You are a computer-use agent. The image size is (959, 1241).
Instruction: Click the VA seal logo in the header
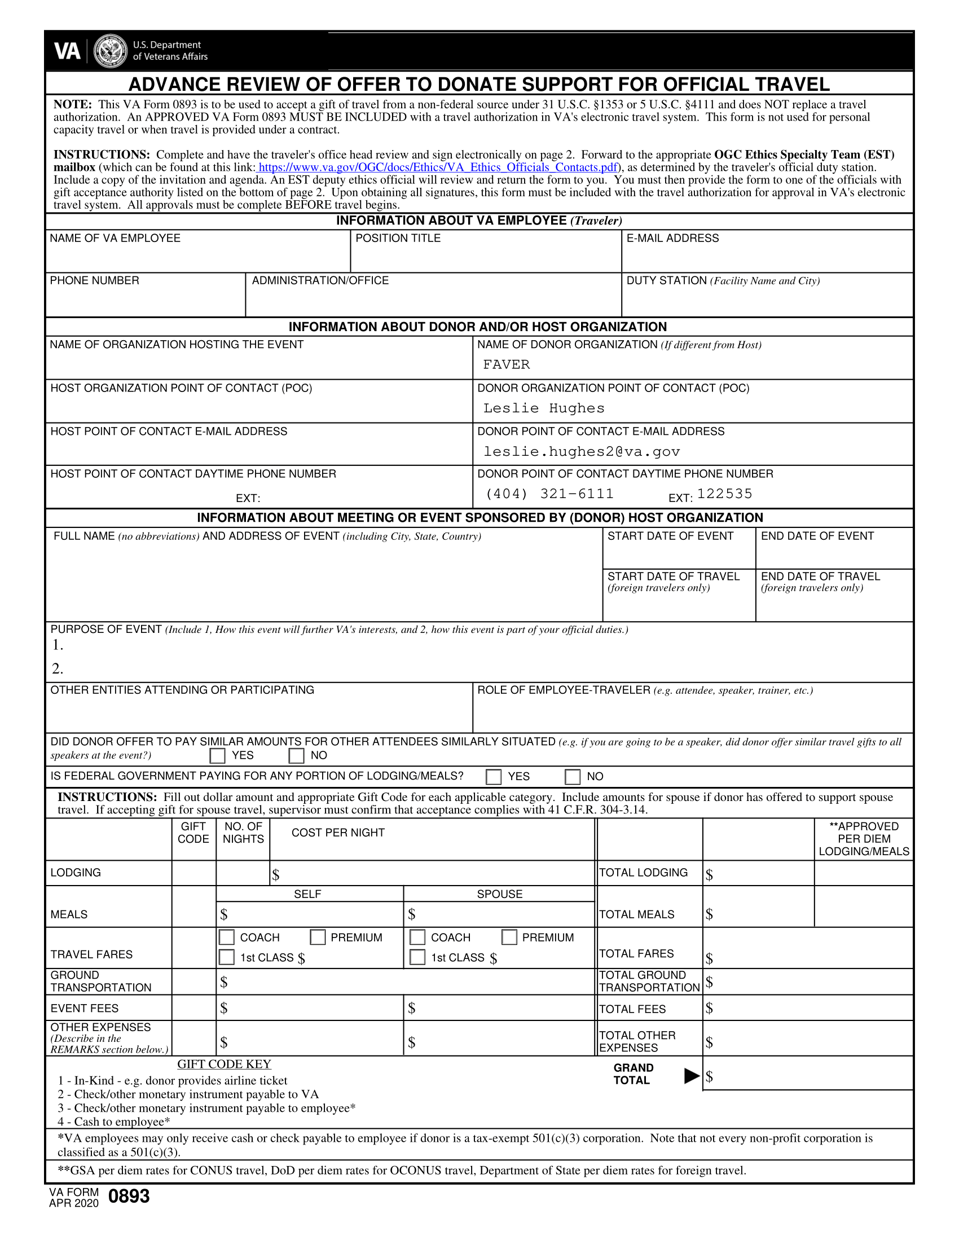pyautogui.click(x=110, y=51)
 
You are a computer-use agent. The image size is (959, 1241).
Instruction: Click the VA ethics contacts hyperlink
pyautogui.click(x=437, y=168)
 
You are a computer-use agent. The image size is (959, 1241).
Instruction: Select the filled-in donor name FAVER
pyautogui.click(x=506, y=365)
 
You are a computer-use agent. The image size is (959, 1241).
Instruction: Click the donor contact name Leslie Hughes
pyautogui.click(x=544, y=408)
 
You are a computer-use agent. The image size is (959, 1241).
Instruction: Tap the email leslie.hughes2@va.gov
pyautogui.click(x=581, y=452)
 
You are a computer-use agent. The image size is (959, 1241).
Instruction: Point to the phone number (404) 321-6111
pyautogui.click(x=549, y=494)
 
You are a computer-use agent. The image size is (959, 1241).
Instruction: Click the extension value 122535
pyautogui.click(x=724, y=494)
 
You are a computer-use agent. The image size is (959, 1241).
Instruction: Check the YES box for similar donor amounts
pyautogui.click(x=218, y=756)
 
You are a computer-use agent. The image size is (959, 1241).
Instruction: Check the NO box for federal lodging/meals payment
pyautogui.click(x=573, y=777)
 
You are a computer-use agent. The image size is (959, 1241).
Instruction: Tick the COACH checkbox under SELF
pyautogui.click(x=227, y=938)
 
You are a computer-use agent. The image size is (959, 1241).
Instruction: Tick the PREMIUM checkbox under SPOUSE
pyautogui.click(x=509, y=938)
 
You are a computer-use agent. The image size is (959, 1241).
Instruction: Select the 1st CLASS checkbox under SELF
pyautogui.click(x=227, y=957)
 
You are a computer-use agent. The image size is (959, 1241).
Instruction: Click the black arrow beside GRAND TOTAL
pyautogui.click(x=692, y=1076)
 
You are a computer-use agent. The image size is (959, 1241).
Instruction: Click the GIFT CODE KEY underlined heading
pyautogui.click(x=224, y=1064)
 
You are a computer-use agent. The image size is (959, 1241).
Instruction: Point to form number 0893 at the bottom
pyautogui.click(x=129, y=1196)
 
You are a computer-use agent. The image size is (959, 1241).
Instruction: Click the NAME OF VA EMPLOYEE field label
pyautogui.click(x=115, y=238)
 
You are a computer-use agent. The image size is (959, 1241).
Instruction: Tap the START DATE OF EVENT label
pyautogui.click(x=670, y=536)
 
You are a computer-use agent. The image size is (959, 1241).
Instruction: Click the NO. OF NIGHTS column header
pyautogui.click(x=243, y=833)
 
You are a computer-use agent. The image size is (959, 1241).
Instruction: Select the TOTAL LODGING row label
pyautogui.click(x=643, y=873)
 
